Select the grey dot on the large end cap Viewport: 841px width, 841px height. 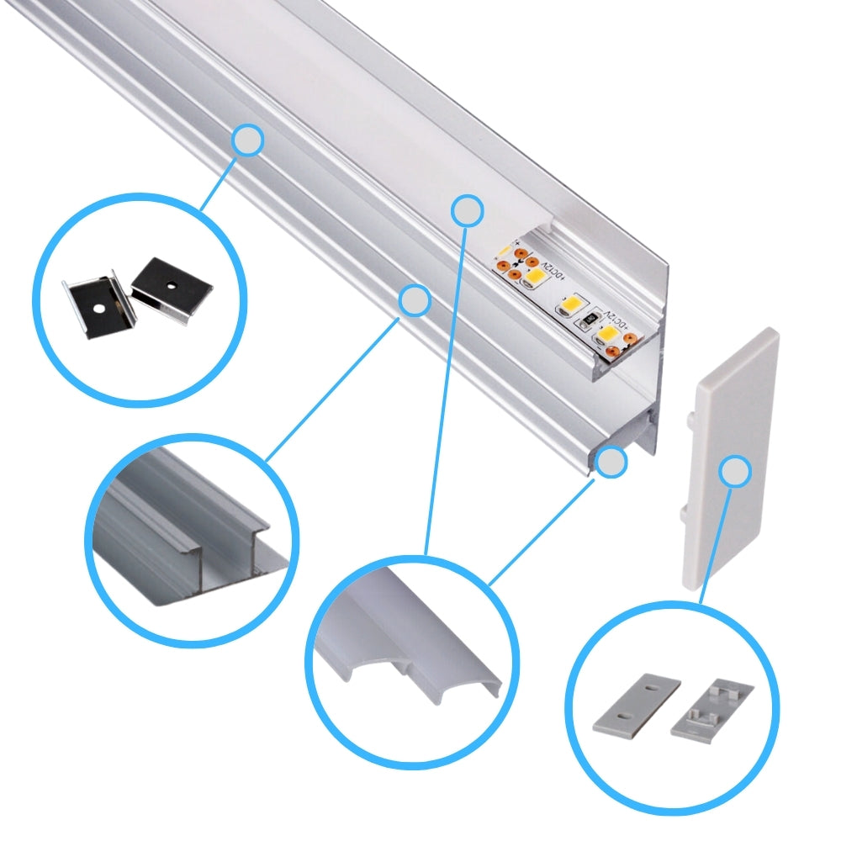click(x=736, y=472)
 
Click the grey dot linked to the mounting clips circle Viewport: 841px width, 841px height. click(x=248, y=141)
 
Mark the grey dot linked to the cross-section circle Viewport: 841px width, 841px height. click(x=414, y=300)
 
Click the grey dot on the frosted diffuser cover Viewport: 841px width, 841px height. click(x=467, y=210)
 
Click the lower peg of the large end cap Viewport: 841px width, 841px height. click(x=681, y=511)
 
